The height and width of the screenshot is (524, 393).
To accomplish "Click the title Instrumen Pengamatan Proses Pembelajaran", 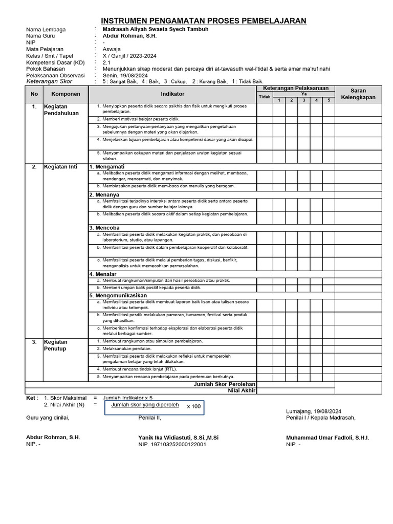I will pos(204,20).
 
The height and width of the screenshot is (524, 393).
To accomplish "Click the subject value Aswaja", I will pos(112,49).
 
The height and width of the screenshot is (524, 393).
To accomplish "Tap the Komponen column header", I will pos(65,94).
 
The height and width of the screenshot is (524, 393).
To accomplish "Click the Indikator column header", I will pos(172,94).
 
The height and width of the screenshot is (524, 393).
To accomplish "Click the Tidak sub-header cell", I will pos(265,97).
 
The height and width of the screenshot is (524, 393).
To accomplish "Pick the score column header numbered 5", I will pos(329,100).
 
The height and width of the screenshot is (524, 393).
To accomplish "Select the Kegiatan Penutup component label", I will pos(55,345).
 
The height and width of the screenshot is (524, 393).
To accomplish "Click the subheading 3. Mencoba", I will pos(104,228).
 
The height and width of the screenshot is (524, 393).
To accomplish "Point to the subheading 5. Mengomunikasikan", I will pos(118,295).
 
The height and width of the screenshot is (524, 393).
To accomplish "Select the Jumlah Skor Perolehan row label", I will pos(225,384).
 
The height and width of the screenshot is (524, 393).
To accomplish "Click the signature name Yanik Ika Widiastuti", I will pos(178,438).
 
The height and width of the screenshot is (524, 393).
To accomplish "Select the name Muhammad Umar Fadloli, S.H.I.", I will pos(327,438).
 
